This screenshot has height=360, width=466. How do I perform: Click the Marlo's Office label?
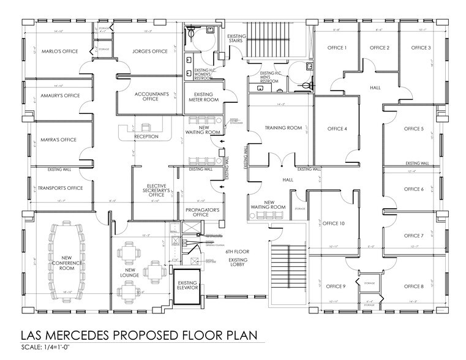click(x=56, y=51)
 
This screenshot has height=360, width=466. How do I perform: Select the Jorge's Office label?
click(x=149, y=51)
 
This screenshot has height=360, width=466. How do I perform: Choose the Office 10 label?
click(x=334, y=223)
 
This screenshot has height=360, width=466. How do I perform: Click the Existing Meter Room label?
click(x=203, y=97)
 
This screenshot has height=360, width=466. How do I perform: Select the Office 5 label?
click(x=413, y=129)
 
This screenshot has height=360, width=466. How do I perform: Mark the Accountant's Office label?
click(x=151, y=97)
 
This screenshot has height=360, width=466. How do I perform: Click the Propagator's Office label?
click(x=201, y=212)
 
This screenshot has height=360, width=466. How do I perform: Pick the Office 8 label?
click(x=413, y=287)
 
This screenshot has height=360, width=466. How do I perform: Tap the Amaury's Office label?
click(x=56, y=96)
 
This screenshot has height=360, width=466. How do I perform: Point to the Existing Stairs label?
click(x=236, y=39)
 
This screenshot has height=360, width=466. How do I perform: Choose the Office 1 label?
click(x=337, y=48)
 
